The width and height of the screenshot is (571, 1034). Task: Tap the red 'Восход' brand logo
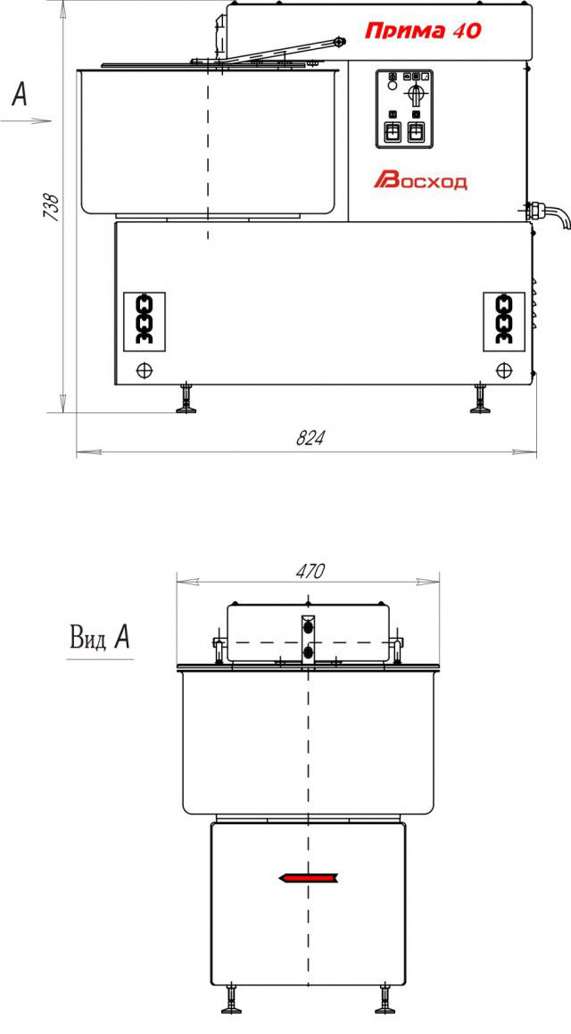coord(421,181)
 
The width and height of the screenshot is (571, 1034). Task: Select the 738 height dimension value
coord(52,206)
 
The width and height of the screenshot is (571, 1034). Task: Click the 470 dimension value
coord(310,571)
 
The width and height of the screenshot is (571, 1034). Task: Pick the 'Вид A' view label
coord(100,639)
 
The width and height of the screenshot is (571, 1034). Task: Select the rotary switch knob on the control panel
coord(415,91)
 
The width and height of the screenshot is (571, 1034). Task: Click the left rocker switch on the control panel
coord(392,132)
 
